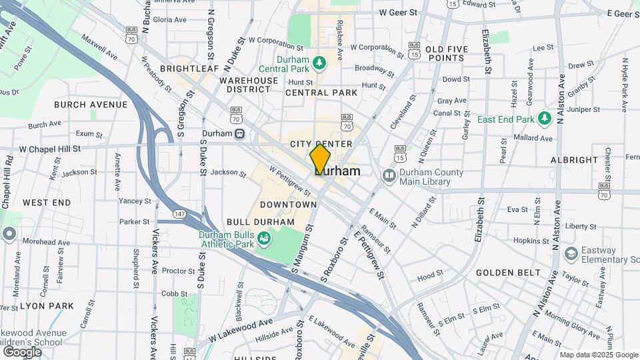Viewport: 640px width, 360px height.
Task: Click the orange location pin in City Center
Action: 320,159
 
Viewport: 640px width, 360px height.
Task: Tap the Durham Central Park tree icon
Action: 321,63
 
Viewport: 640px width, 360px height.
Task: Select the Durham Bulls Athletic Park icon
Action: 264,238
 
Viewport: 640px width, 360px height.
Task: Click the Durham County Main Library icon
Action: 389,175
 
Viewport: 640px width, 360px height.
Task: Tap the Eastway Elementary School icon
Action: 570,253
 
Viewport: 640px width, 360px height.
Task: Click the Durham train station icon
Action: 239,133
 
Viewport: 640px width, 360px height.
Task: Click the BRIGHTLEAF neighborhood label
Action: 190,69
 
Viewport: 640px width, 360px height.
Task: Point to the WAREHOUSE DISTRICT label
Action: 249,85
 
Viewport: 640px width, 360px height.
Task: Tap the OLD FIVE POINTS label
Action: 445,54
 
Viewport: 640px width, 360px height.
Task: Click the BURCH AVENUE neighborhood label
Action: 91,105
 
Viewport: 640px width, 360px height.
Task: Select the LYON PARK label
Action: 47,306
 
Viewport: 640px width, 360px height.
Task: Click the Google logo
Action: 22,352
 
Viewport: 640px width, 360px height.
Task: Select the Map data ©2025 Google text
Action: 598,355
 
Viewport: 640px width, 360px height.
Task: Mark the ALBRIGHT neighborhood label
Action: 574,160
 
